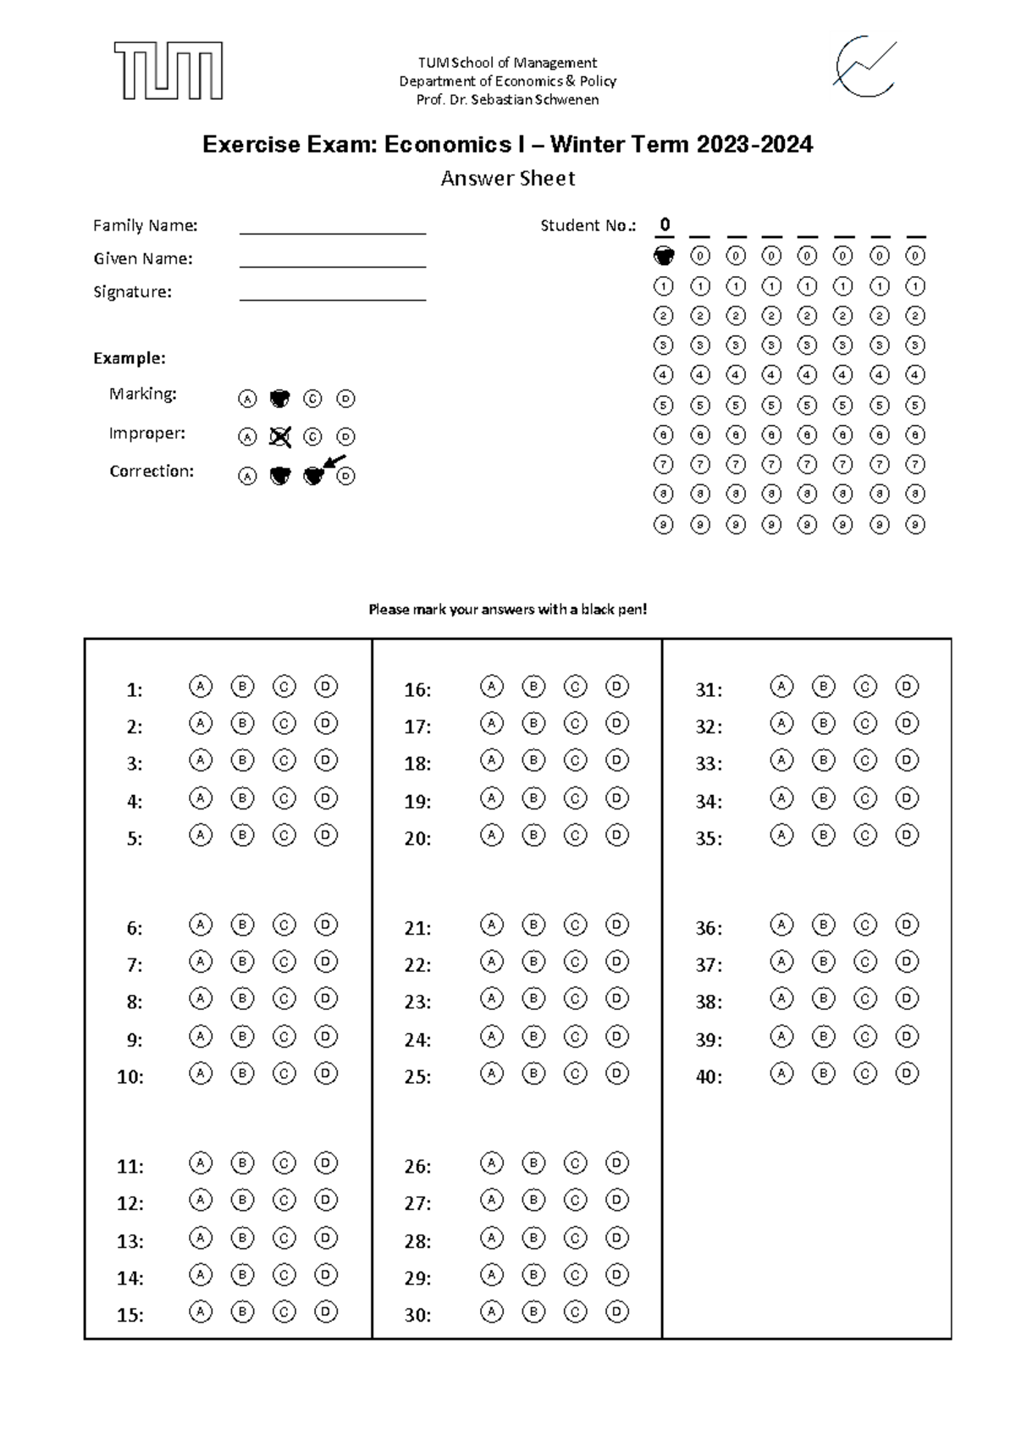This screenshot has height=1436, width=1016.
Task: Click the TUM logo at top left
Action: (168, 70)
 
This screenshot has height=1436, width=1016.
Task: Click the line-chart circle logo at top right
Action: (864, 67)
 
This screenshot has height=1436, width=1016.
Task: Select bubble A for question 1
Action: (200, 686)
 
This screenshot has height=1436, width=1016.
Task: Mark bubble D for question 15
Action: (326, 1312)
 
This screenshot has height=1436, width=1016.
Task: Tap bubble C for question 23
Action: (575, 999)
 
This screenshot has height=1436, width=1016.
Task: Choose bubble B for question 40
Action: (823, 1074)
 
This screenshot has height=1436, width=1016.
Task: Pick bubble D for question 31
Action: (907, 686)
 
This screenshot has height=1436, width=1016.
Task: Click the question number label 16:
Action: (417, 690)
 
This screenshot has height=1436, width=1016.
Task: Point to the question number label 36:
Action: (709, 928)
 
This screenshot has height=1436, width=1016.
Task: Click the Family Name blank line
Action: (332, 232)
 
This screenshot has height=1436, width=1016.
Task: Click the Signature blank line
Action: (332, 298)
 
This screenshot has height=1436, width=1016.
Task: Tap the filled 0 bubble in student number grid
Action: (664, 255)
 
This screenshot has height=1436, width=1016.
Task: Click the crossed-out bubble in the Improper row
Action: (279, 437)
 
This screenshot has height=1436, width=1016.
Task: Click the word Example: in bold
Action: (129, 358)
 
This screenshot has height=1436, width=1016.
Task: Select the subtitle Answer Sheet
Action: (508, 179)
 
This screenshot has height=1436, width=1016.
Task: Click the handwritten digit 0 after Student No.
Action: (665, 224)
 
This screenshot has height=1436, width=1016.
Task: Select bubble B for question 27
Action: (533, 1200)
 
